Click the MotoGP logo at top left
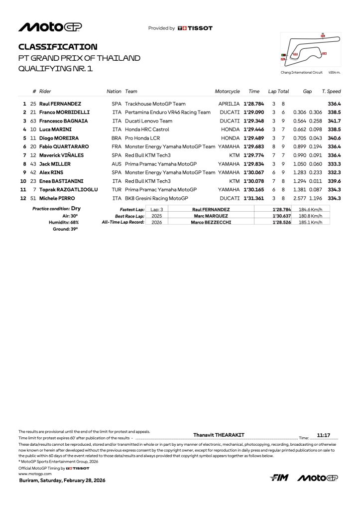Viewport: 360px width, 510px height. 50,27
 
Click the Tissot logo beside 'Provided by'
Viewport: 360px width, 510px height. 195,28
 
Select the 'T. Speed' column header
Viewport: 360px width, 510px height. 331,92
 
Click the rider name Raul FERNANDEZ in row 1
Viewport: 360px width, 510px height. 60,104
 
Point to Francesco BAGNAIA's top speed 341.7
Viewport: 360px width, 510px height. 334,121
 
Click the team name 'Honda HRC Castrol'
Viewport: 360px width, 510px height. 147,129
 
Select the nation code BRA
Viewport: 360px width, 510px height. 117,138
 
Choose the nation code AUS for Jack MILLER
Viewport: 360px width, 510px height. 117,164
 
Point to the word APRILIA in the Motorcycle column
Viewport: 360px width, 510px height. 229,104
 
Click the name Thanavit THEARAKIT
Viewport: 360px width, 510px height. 219,435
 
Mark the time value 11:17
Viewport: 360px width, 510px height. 324,435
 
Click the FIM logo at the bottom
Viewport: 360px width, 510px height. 279,478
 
